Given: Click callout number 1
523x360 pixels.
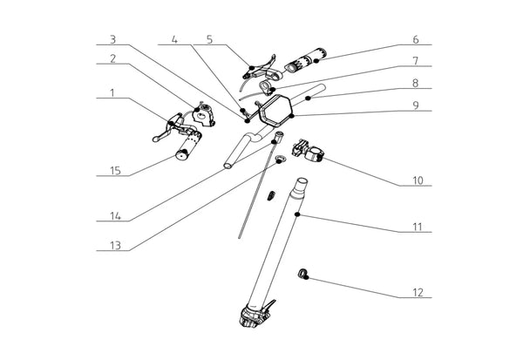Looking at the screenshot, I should (112, 92).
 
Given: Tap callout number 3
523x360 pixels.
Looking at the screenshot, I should (112, 39).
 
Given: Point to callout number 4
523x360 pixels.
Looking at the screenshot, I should (175, 39).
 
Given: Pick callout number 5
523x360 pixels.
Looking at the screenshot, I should (209, 39).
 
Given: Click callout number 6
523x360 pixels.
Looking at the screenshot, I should (416, 39).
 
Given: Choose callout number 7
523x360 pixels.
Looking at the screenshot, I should (416, 61).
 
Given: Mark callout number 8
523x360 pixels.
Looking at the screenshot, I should (416, 84).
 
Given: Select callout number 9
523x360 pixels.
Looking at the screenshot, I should (416, 105).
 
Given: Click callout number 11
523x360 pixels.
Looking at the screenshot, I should (417, 228).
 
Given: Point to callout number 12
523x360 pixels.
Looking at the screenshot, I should (417, 292).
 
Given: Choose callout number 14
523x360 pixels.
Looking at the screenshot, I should (112, 215).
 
